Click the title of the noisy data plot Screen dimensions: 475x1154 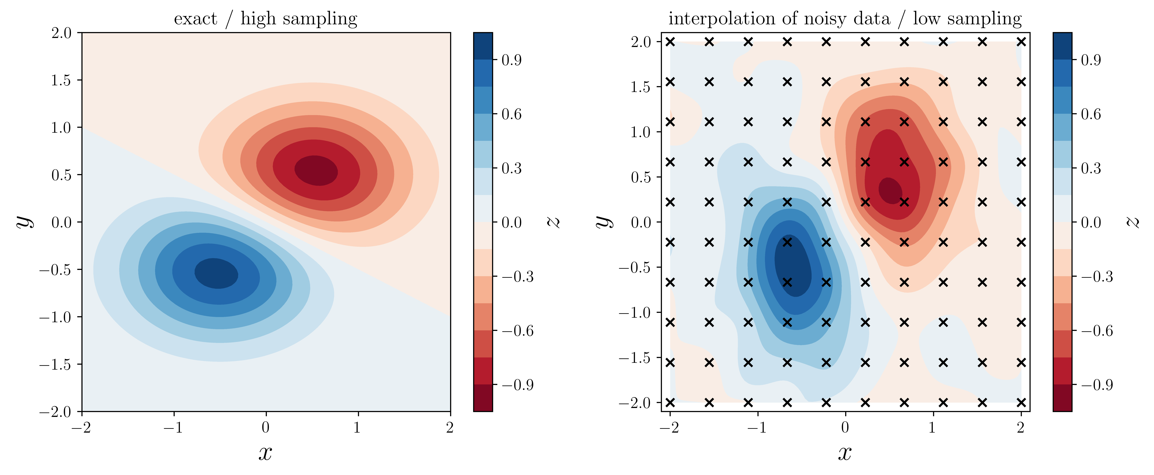(845, 19)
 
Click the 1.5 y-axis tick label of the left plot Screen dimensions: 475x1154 (61, 80)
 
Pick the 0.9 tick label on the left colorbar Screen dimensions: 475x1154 (511, 60)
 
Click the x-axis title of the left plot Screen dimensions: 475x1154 (265, 453)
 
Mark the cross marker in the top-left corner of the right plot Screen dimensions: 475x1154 (670, 42)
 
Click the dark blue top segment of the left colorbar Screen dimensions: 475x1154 (483, 46)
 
